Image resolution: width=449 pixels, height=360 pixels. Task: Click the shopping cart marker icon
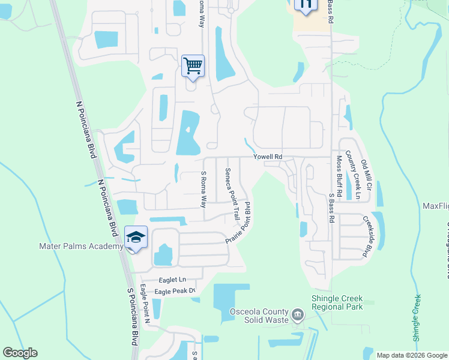click(193, 65)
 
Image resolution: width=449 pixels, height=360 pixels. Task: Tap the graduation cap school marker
click(136, 238)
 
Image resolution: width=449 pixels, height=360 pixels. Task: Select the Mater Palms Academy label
click(82, 246)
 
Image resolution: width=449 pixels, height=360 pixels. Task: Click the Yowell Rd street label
click(267, 157)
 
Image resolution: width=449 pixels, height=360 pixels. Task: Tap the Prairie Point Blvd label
click(240, 222)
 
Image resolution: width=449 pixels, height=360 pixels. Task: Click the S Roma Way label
click(204, 188)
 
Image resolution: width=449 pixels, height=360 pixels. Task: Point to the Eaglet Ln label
click(173, 280)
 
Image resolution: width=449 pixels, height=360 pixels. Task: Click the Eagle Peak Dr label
click(175, 291)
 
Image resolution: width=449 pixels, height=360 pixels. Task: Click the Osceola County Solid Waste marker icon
click(297, 314)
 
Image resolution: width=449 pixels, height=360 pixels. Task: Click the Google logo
click(20, 353)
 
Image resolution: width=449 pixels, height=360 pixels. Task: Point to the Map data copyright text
click(411, 355)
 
